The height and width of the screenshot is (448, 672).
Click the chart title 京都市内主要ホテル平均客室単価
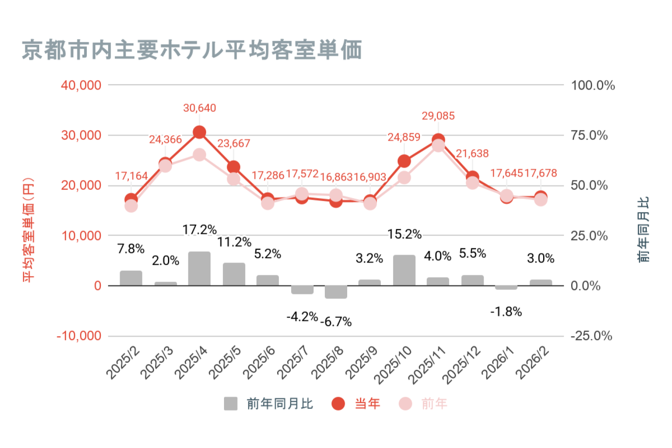(192, 50)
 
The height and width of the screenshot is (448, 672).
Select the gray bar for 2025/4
(199, 268)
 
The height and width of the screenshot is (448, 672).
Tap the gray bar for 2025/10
(404, 270)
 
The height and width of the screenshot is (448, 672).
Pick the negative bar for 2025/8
(336, 292)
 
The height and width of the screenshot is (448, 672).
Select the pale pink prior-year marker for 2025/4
(199, 155)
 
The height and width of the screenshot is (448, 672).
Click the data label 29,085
(438, 116)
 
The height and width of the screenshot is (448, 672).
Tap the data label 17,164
(131, 176)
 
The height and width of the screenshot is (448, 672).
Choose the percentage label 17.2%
(199, 230)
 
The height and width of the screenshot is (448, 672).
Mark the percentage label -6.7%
(336, 322)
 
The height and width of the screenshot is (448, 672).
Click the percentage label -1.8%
(506, 312)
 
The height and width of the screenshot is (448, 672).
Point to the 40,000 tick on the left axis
(81, 85)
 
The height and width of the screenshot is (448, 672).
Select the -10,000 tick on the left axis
(79, 336)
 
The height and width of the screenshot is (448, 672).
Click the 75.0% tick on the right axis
(589, 135)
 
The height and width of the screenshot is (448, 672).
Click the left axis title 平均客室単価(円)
(28, 230)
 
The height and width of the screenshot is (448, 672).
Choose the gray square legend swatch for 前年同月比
(231, 404)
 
